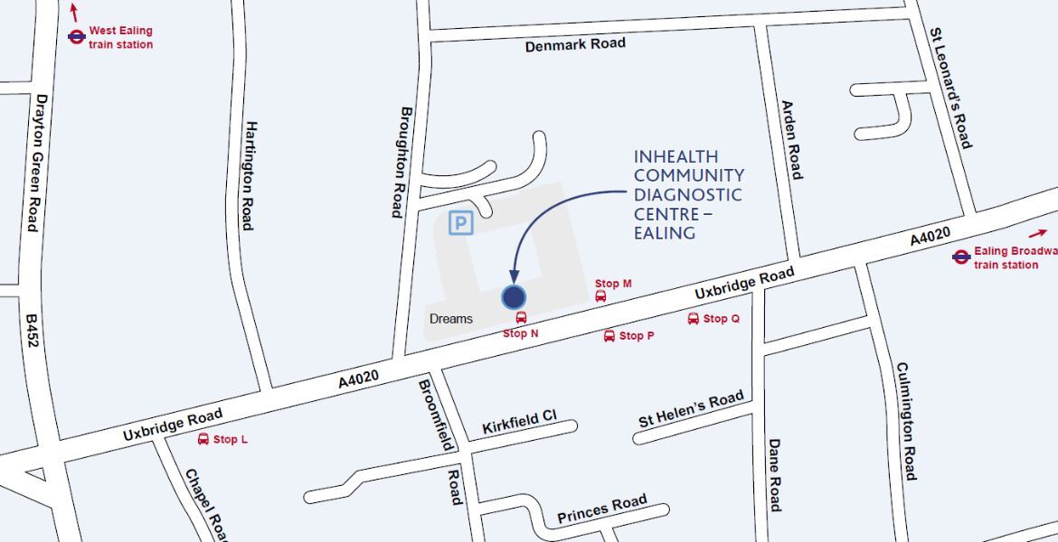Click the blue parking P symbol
(x=461, y=222)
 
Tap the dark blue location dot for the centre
(x=514, y=296)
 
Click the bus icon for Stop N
(x=521, y=318)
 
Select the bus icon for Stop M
(x=600, y=296)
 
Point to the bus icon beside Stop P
(x=609, y=336)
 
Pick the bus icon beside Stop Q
(x=694, y=319)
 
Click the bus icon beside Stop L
(x=203, y=439)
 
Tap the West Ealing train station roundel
(x=77, y=37)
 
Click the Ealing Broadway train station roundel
(x=961, y=257)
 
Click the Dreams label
(x=451, y=319)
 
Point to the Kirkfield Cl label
(x=519, y=422)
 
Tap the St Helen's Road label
(x=691, y=409)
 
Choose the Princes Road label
(x=601, y=509)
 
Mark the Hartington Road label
(x=248, y=175)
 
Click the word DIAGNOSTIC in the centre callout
(x=688, y=194)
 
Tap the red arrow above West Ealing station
(x=74, y=13)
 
